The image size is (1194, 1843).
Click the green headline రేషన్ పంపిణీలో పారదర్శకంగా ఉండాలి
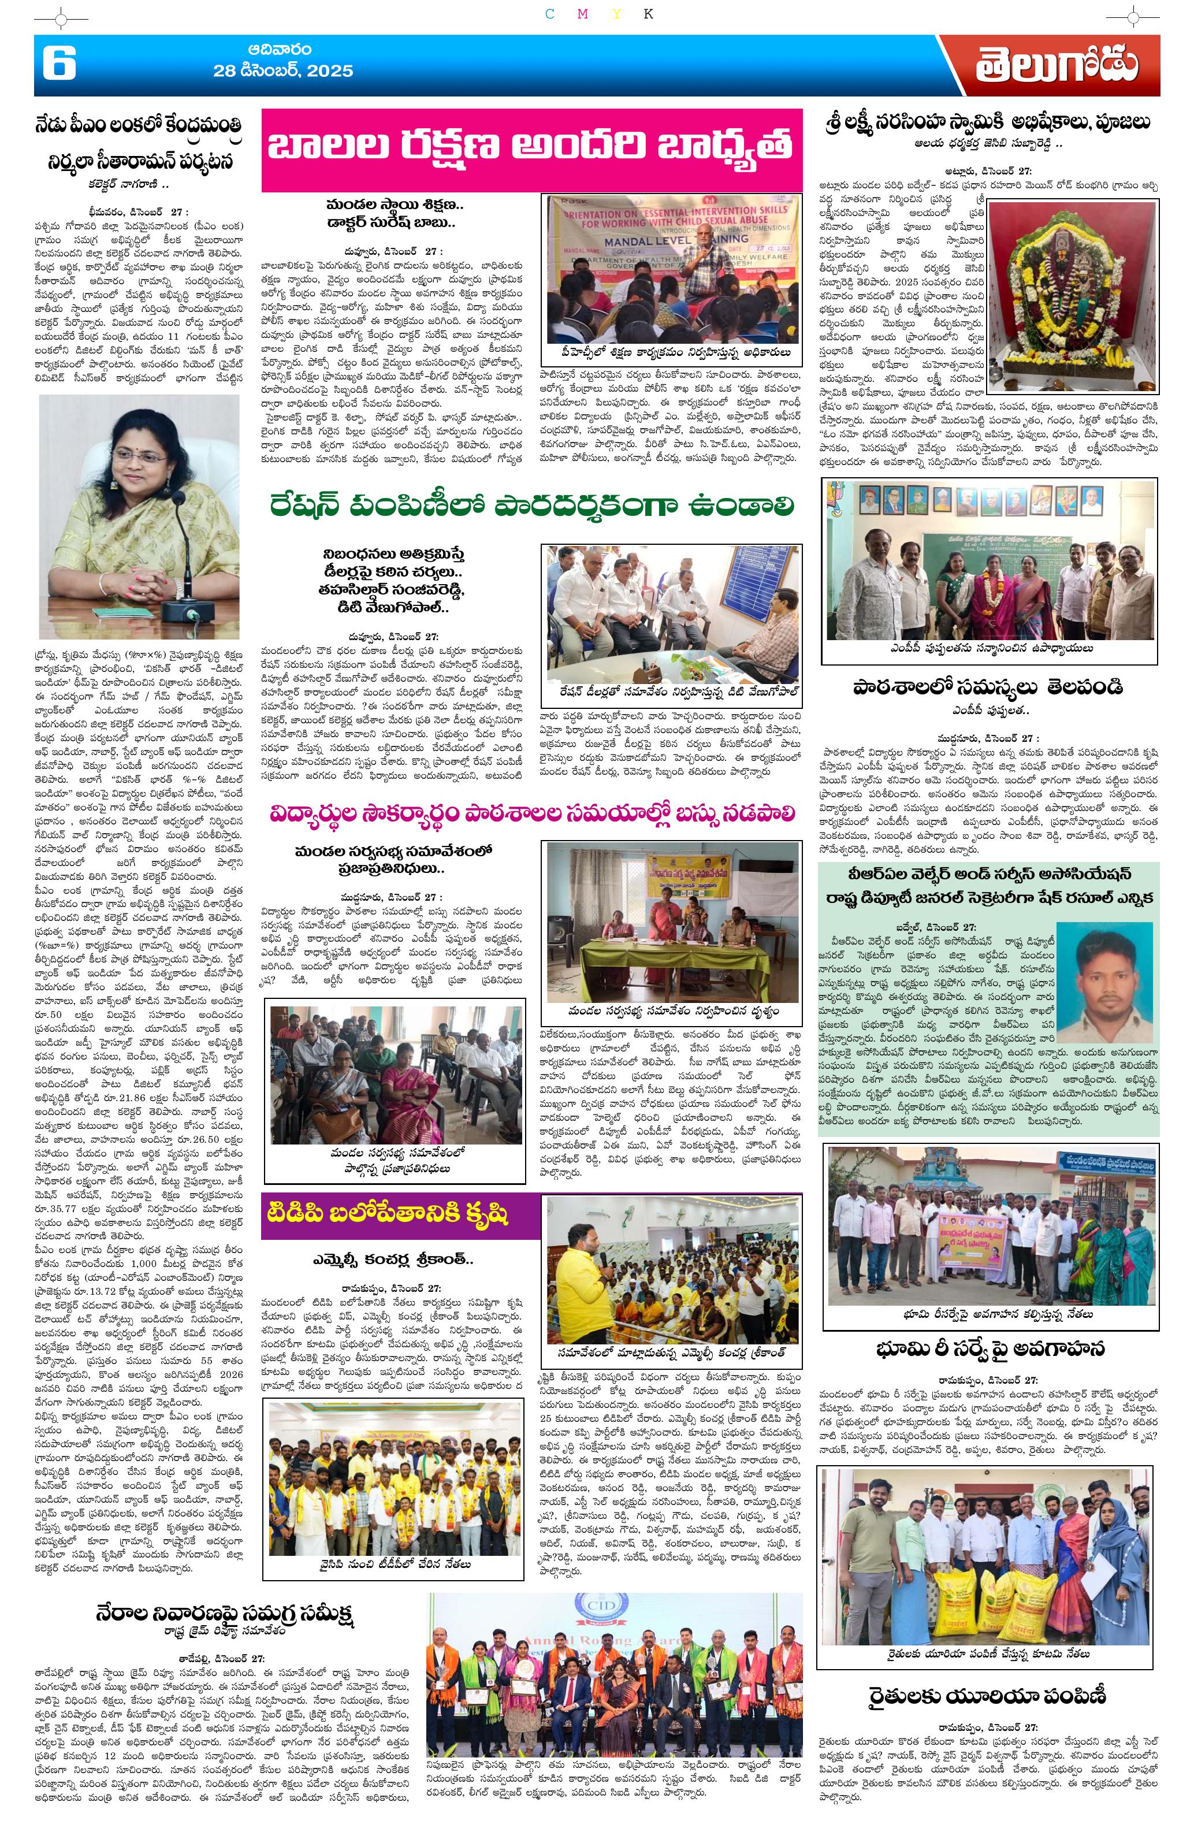532,507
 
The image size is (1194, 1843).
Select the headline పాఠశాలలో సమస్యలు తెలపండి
987,686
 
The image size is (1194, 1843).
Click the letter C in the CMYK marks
550,14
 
